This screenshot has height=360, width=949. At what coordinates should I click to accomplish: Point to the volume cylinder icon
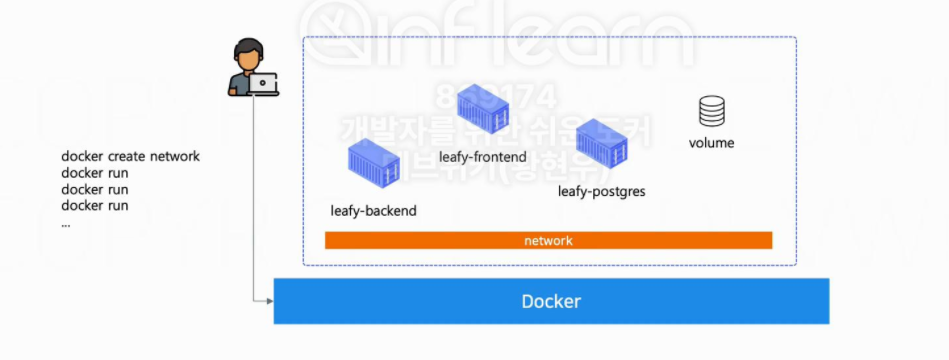click(712, 111)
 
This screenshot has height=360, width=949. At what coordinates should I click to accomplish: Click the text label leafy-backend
click(373, 211)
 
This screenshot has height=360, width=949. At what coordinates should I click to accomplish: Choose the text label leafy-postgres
click(601, 191)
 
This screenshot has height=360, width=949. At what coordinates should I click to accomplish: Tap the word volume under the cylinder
click(712, 143)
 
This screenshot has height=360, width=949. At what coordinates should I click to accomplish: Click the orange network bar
click(548, 241)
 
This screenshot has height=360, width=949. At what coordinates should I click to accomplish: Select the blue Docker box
click(551, 301)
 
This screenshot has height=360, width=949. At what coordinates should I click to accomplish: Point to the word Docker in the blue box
click(551, 301)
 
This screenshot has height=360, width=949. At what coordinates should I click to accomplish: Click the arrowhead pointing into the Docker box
click(268, 300)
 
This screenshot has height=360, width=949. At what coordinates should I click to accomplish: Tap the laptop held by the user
click(264, 84)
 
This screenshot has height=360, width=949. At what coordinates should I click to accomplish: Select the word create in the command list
click(126, 156)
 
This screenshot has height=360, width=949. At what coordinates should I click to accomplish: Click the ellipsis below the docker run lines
click(66, 223)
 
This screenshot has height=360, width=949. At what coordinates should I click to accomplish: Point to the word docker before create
click(82, 156)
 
